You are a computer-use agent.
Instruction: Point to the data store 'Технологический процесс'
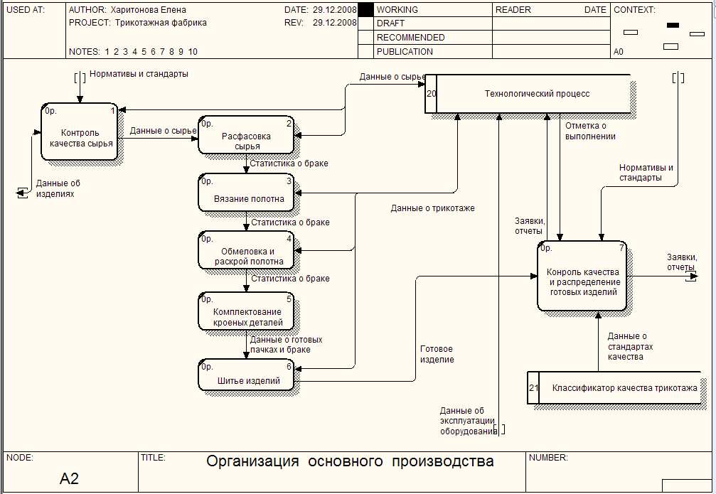pyautogui.click(x=537, y=94)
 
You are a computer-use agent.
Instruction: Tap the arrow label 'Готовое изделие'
pyautogui.click(x=437, y=354)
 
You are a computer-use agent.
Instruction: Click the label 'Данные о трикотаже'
pyautogui.click(x=432, y=208)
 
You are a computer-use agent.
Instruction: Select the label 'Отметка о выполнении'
pyautogui.click(x=590, y=131)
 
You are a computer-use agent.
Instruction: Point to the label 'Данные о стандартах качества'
pyautogui.click(x=626, y=346)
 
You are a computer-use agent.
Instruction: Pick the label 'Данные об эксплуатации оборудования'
pyautogui.click(x=467, y=421)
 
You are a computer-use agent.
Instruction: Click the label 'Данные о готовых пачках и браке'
pyautogui.click(x=286, y=345)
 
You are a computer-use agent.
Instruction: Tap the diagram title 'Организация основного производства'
pyautogui.click(x=350, y=461)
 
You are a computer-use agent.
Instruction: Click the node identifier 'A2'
pyautogui.click(x=69, y=478)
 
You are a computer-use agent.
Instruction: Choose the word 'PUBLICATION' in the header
pyautogui.click(x=405, y=51)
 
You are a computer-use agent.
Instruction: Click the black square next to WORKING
pyautogui.click(x=365, y=10)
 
